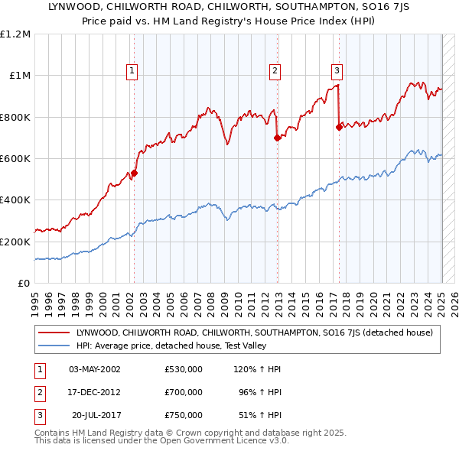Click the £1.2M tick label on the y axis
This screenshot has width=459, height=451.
(x=16, y=34)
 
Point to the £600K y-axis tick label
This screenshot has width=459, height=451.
(x=15, y=158)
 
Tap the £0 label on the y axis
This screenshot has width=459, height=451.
(x=24, y=283)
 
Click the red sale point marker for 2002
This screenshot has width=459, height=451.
(x=134, y=173)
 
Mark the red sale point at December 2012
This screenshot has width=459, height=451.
(x=278, y=138)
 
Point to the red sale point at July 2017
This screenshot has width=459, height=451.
(x=339, y=128)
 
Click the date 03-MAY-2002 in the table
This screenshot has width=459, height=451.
(x=95, y=369)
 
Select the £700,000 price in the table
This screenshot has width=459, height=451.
(x=184, y=392)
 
